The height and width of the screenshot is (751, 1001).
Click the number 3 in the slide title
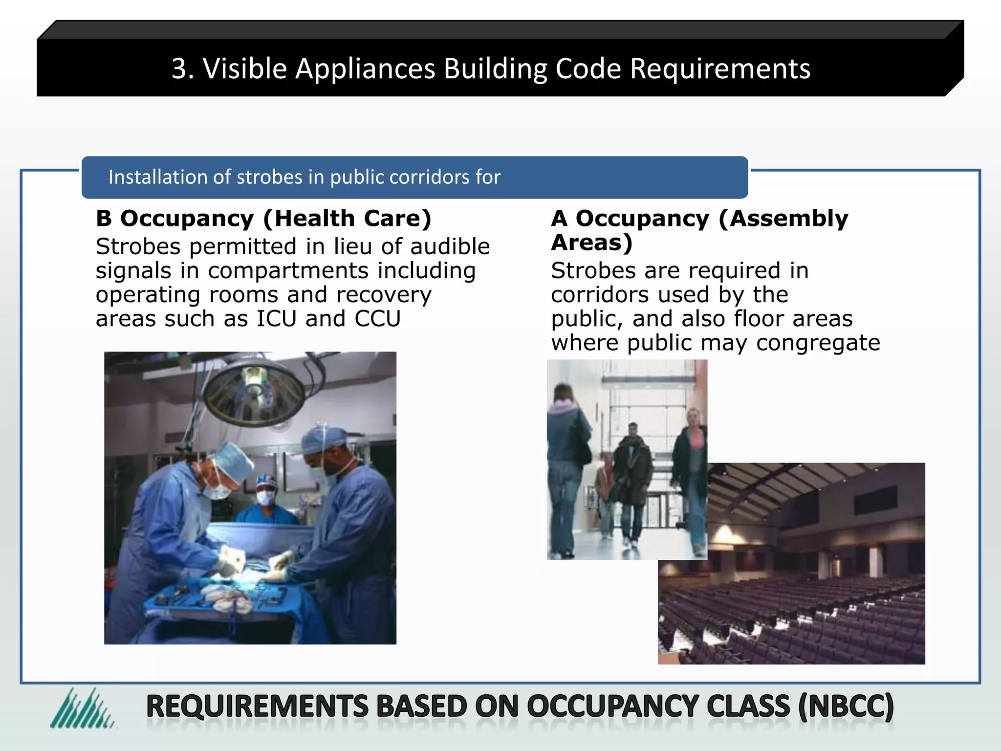(179, 68)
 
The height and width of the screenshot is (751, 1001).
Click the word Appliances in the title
(365, 68)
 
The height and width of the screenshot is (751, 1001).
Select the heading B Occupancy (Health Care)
(263, 218)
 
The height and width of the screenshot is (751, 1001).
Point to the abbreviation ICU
(277, 319)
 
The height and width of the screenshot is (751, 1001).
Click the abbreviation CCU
(377, 319)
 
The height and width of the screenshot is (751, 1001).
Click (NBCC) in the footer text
(846, 707)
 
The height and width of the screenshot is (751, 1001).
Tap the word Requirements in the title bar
(720, 68)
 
